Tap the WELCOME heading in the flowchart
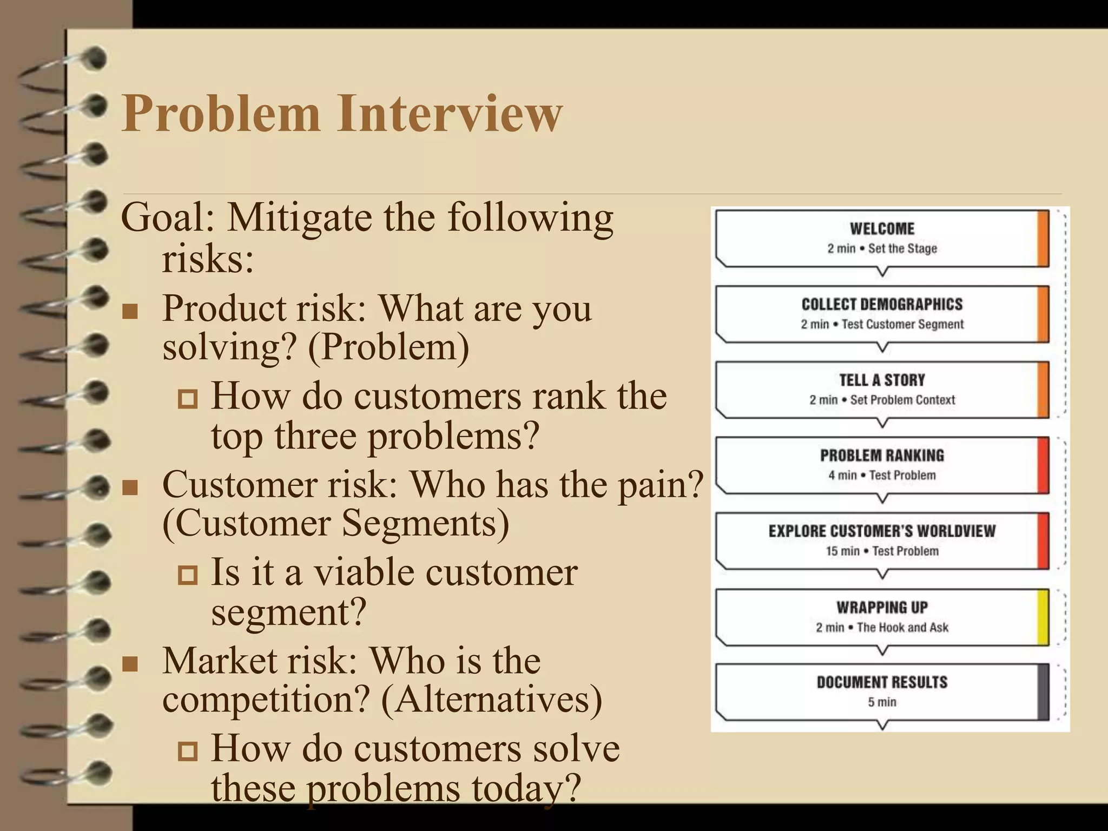click(x=882, y=229)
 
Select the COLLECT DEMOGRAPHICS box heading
click(x=882, y=304)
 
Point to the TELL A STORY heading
click(x=882, y=380)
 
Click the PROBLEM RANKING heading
click(x=882, y=456)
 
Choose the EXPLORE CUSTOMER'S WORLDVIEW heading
click(x=882, y=531)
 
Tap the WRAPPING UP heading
click(x=882, y=607)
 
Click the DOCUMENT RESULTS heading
click(x=882, y=682)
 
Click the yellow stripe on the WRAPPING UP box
click(x=1043, y=617)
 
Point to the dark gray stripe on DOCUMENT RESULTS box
click(x=1043, y=692)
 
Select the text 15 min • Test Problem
click(x=882, y=551)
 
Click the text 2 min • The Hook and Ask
click(x=882, y=627)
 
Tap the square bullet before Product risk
click(x=130, y=312)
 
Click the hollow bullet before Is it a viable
click(x=188, y=575)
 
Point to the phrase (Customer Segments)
click(x=335, y=523)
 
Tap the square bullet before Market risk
click(x=130, y=664)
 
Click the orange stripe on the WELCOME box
click(x=1043, y=239)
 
